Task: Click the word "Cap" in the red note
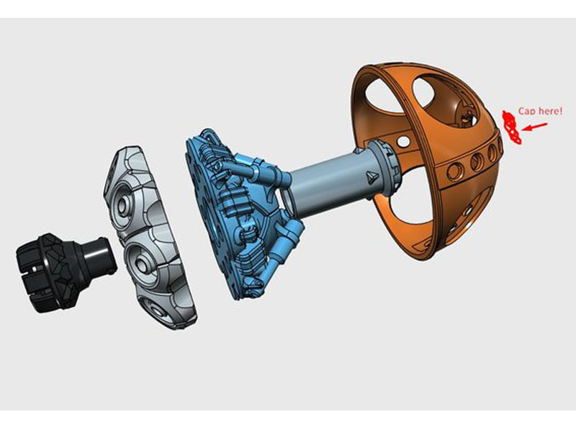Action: [x=526, y=112]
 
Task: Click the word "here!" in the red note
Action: [x=549, y=111]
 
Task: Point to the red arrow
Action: [x=535, y=127]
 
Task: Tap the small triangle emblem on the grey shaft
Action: [x=371, y=176]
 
